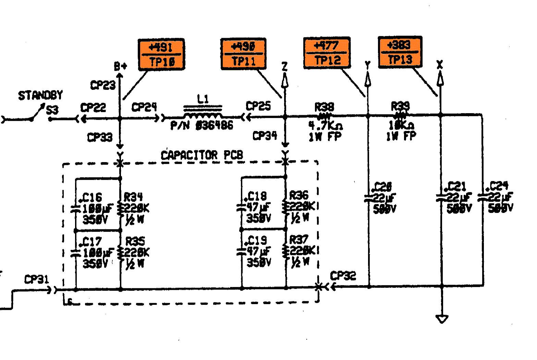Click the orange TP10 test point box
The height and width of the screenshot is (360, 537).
click(x=161, y=54)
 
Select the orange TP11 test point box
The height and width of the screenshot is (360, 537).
click(x=243, y=54)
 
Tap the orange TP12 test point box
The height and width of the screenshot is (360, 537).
click(x=327, y=52)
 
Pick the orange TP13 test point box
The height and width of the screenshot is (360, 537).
click(x=400, y=52)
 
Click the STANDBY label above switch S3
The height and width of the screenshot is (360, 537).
click(x=40, y=95)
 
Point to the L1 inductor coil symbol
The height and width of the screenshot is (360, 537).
click(x=203, y=112)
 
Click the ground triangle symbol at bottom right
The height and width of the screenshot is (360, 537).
click(x=442, y=319)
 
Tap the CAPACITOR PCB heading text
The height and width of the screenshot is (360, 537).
click(x=202, y=155)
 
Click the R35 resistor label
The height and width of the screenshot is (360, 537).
click(x=135, y=241)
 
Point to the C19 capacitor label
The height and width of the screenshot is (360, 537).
click(x=257, y=240)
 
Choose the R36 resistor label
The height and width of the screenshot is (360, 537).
click(x=299, y=195)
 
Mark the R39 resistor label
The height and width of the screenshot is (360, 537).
click(x=400, y=106)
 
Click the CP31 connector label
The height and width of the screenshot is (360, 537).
click(x=37, y=279)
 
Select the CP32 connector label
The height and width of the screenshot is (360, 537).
click(x=343, y=276)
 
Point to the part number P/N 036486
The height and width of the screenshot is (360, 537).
click(x=202, y=125)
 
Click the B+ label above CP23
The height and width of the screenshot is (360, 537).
click(x=120, y=66)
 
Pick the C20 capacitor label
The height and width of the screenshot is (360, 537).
click(x=382, y=187)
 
